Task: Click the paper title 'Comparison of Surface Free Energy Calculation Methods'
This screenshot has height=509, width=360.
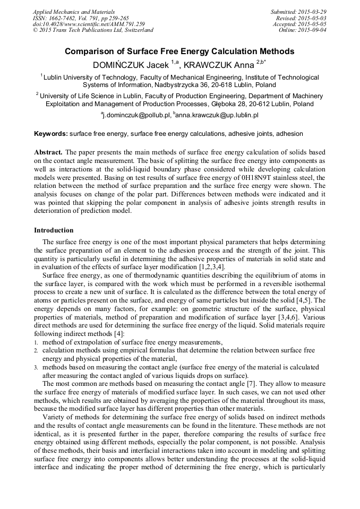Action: pos(179,51)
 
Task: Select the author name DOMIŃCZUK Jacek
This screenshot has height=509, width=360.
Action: pos(131,65)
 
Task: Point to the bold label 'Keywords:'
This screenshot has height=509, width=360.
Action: pos(51,134)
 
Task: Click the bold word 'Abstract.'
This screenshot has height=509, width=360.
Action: pos(48,152)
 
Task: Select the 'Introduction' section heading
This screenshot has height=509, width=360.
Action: pos(54,230)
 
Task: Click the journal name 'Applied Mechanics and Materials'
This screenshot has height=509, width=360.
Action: pos(74,12)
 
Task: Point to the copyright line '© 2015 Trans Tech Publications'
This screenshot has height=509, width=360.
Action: pos(93,30)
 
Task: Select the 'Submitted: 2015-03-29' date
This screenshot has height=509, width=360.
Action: pos(298,12)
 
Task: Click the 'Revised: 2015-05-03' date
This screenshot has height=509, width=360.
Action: pos(301,18)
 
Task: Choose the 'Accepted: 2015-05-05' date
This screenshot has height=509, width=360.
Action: pos(299,24)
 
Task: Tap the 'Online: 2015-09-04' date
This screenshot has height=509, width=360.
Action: pos(302,30)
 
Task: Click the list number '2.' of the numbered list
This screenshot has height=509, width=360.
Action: pos(37,351)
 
